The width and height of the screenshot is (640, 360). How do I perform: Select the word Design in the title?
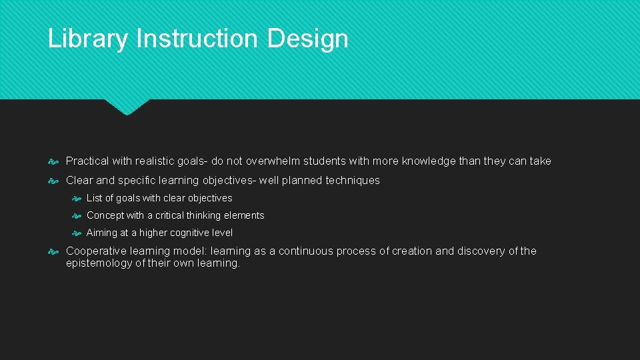[308, 39]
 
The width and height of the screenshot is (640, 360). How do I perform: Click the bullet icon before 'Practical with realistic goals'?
[54, 161]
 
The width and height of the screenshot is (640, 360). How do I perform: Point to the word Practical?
[88, 161]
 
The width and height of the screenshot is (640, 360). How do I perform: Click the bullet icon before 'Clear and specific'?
[54, 181]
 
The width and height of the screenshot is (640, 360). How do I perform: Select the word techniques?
[353, 180]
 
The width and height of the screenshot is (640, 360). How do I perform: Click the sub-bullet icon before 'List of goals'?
[77, 199]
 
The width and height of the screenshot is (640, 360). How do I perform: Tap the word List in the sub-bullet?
[94, 198]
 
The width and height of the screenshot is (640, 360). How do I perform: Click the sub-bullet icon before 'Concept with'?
[77, 216]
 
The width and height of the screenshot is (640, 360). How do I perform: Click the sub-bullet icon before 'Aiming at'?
[77, 233]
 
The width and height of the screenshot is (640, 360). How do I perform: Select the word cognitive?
[191, 233]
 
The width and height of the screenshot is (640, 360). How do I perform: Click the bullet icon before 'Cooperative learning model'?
[54, 251]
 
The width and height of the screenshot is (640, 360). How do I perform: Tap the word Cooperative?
[94, 251]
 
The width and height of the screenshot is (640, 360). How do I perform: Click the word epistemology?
[99, 263]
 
